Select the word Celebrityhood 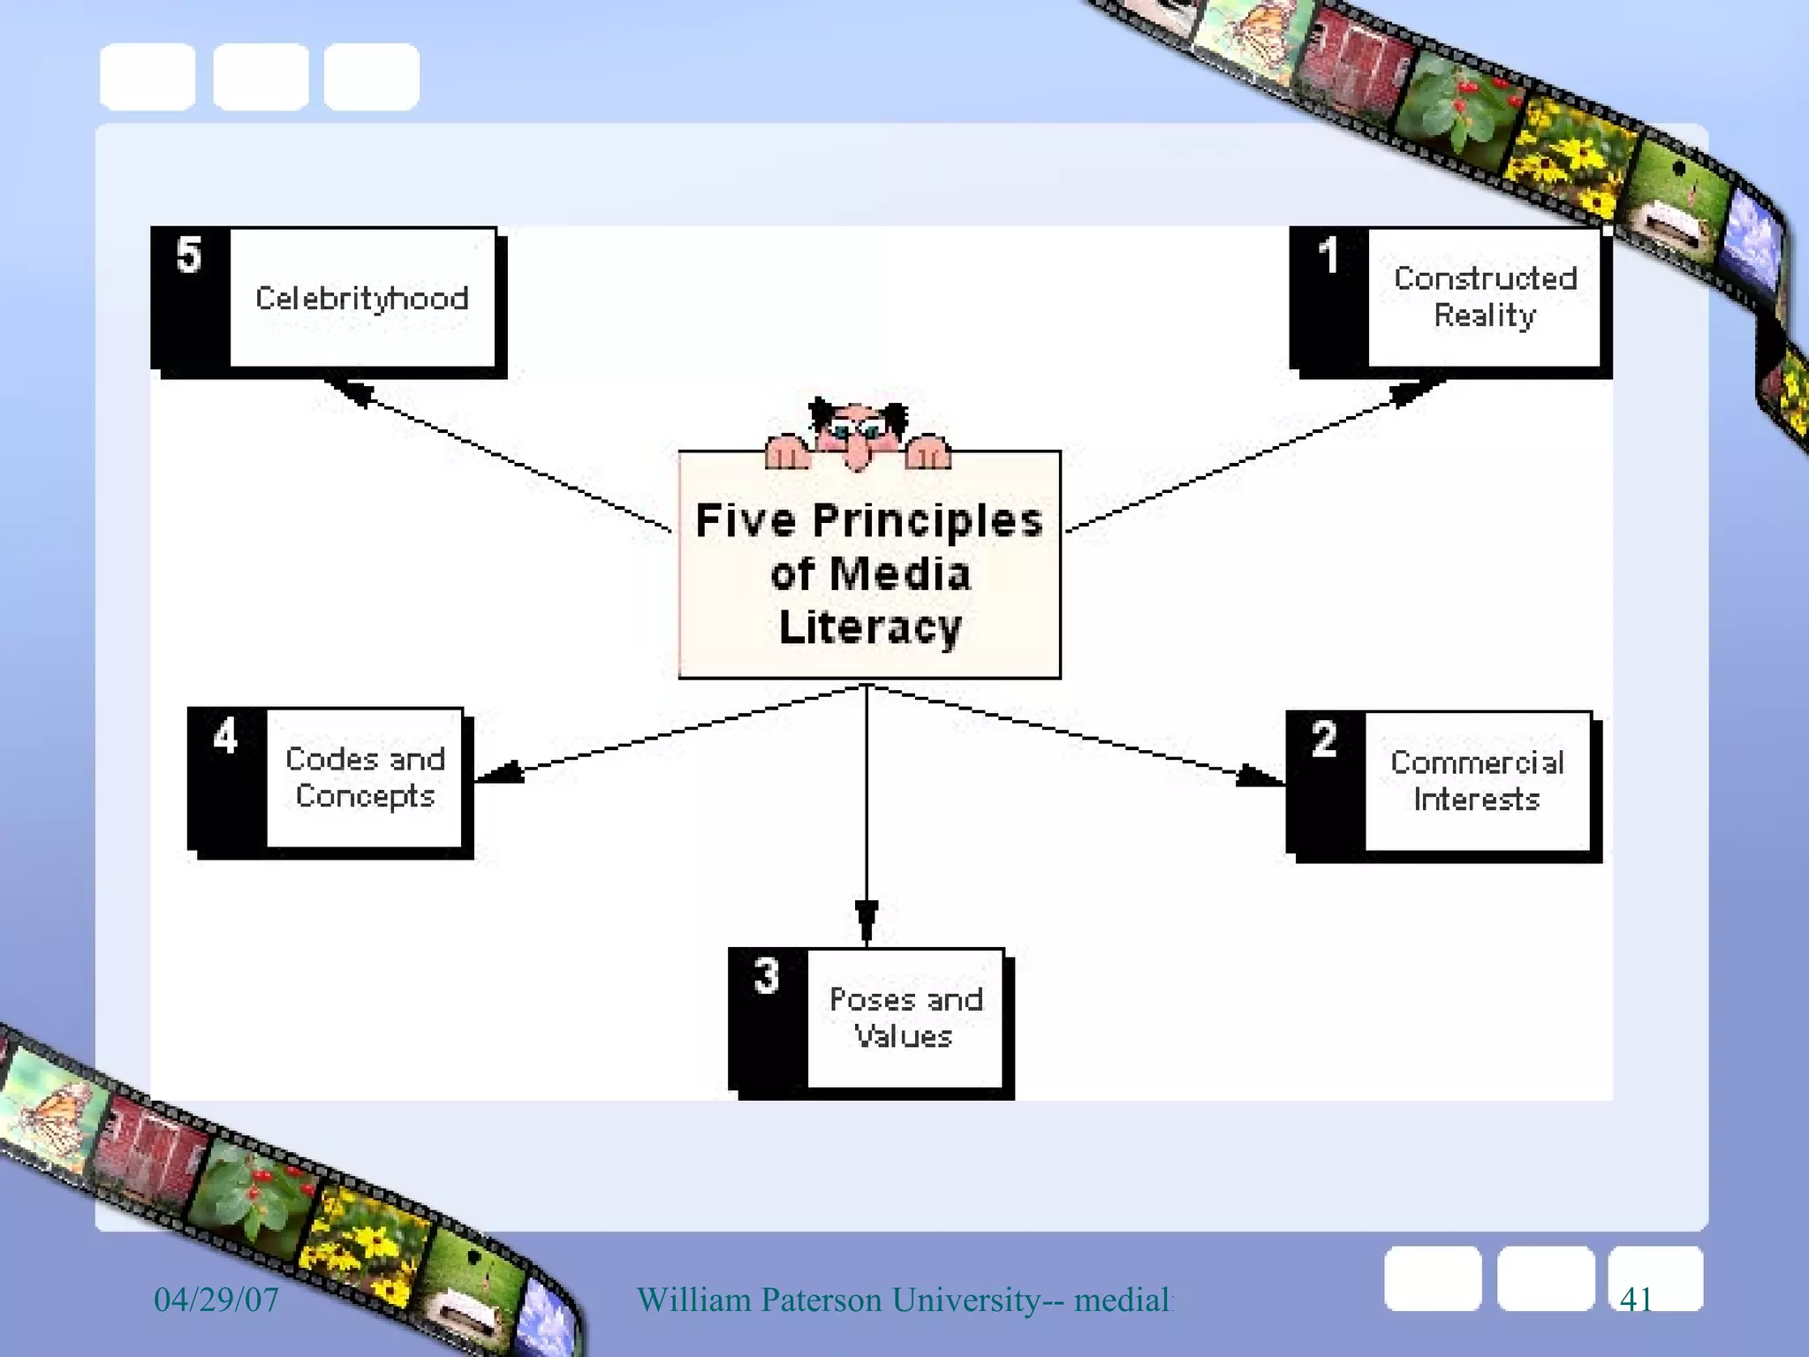(361, 299)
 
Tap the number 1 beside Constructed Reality (1328, 255)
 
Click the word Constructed (1485, 278)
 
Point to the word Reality (1485, 315)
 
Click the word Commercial (1477, 762)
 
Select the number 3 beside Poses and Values (766, 976)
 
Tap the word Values (903, 1036)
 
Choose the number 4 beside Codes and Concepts (225, 736)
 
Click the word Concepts (365, 796)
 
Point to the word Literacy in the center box (870, 627)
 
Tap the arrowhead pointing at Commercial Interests (1259, 776)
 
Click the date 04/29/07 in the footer (216, 1300)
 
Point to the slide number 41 (1636, 1300)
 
